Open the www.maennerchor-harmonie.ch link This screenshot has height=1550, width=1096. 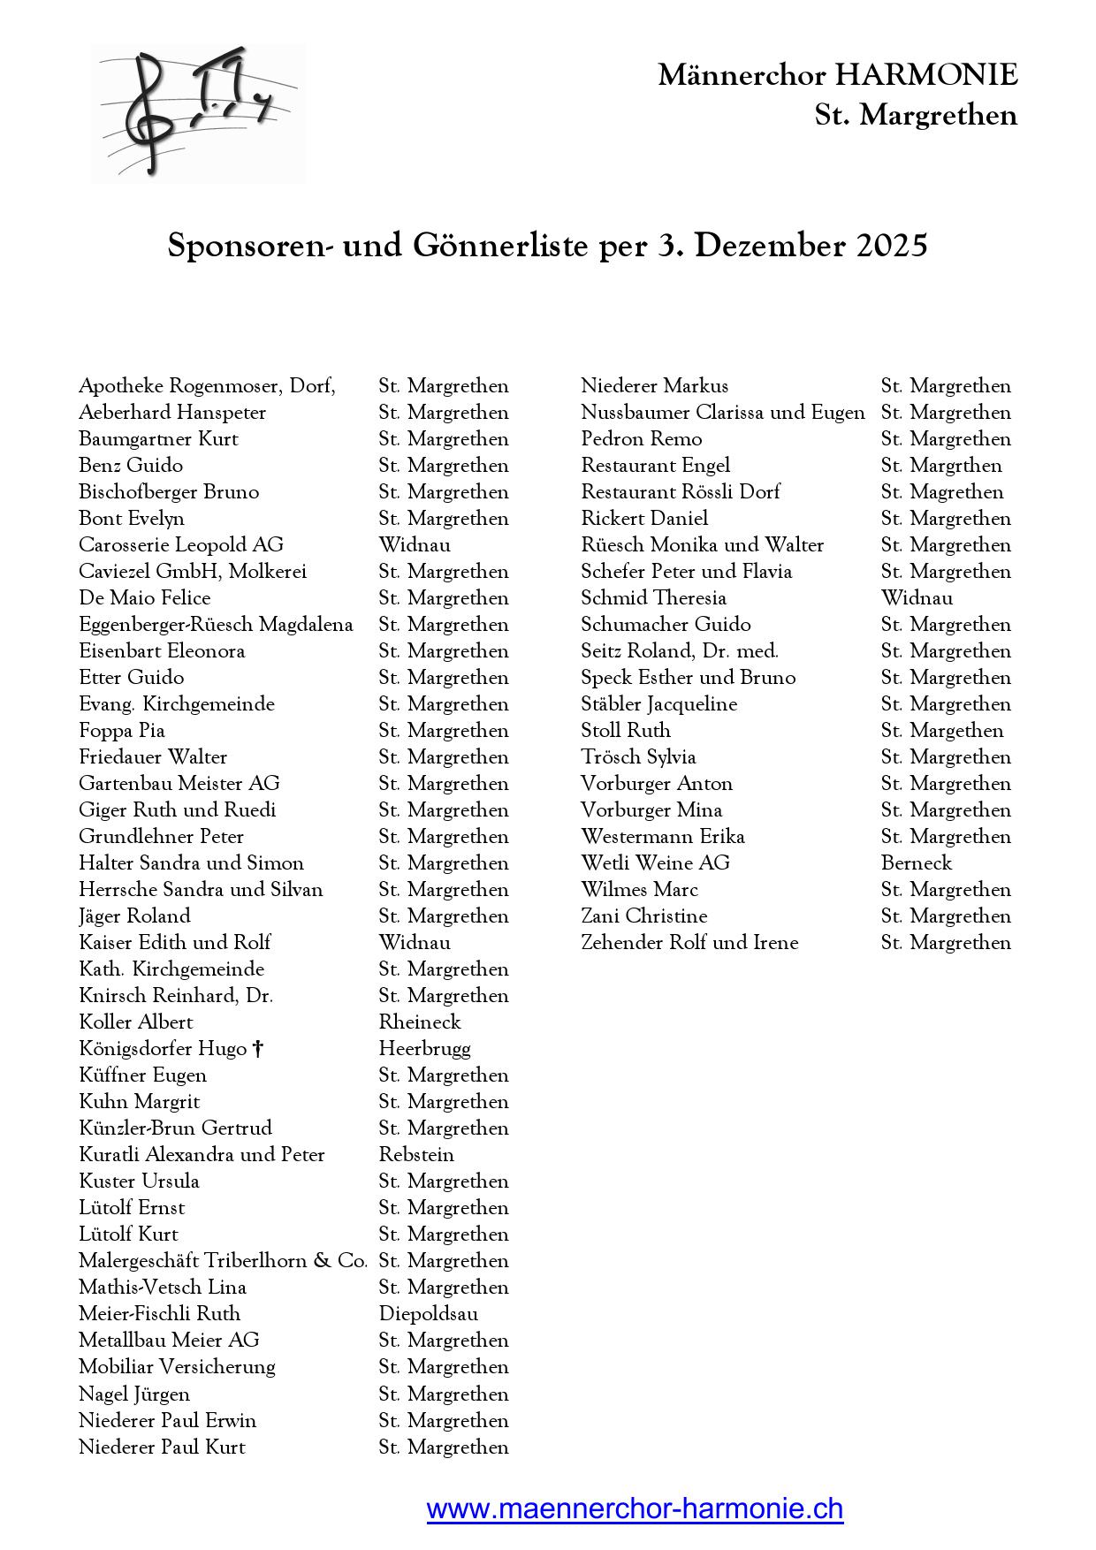click(635, 1508)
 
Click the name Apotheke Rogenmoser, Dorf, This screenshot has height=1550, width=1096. click(207, 386)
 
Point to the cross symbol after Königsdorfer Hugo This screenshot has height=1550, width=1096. click(258, 1049)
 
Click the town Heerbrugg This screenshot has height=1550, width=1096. click(424, 1049)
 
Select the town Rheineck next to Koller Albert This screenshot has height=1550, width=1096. click(420, 1022)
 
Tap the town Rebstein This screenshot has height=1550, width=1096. click(416, 1155)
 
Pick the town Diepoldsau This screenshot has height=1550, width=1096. click(429, 1314)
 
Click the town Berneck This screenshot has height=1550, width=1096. click(917, 863)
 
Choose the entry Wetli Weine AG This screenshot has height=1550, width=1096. click(655, 863)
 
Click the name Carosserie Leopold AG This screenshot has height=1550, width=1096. click(181, 545)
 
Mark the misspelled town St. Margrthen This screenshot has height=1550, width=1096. click(941, 466)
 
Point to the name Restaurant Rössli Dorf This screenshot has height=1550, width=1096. click(681, 492)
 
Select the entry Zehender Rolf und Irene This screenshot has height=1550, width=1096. click(689, 943)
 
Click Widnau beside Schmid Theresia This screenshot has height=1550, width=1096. click(917, 598)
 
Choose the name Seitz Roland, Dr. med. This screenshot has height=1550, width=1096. click(680, 651)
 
